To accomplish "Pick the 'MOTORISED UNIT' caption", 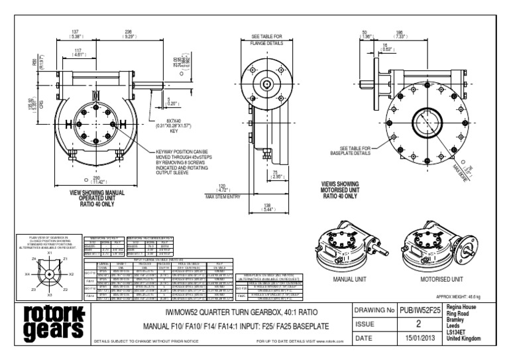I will point(441,280).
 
